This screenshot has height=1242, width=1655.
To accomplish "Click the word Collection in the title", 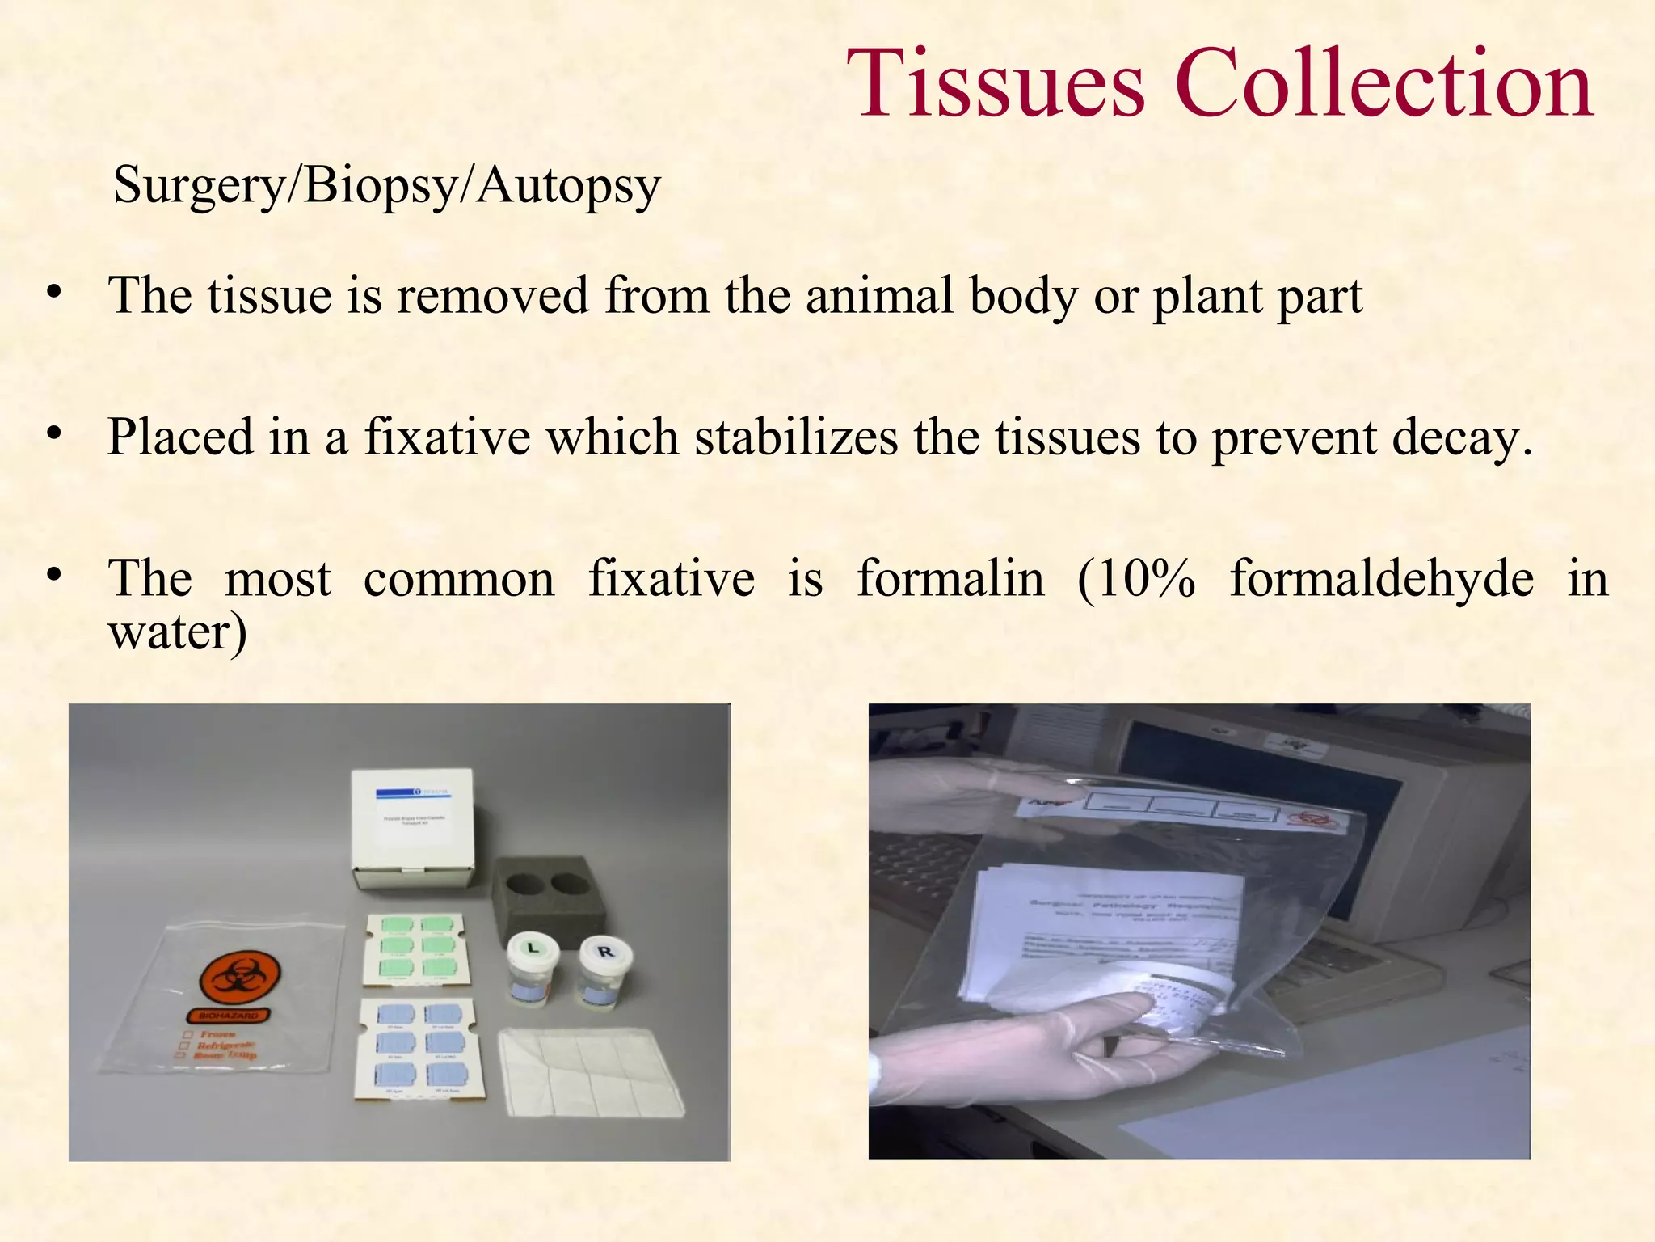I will point(1383,84).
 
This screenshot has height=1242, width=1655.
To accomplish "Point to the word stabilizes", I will point(795,437).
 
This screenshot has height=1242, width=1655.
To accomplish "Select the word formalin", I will point(950,579).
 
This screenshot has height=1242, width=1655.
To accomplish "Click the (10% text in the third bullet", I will point(1136,579).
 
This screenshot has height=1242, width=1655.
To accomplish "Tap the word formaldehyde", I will point(1381,579).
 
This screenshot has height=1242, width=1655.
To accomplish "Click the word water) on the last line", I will point(178,632).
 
